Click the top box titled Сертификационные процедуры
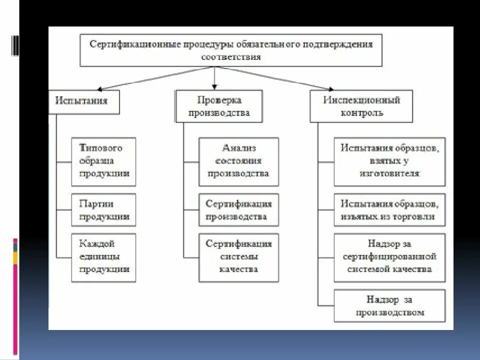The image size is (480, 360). coord(231,50)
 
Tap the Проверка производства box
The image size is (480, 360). coord(218,106)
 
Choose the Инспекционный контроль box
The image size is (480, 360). coord(361,106)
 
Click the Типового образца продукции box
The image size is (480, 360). coord(103,161)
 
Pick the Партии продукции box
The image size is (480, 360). coord(103,210)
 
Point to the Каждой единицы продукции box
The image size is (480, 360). coord(103,256)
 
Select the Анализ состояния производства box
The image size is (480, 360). coord(238,161)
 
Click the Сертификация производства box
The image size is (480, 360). coord(238,210)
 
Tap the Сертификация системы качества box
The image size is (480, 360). coord(238,256)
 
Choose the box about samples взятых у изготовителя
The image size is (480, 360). coord(389,161)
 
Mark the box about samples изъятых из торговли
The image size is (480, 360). coord(389,210)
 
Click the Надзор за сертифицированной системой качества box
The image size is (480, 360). coord(389,256)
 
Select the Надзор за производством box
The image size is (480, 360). coord(389,306)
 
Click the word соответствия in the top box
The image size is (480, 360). coord(231,57)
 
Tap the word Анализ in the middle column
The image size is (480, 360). coord(238,148)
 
